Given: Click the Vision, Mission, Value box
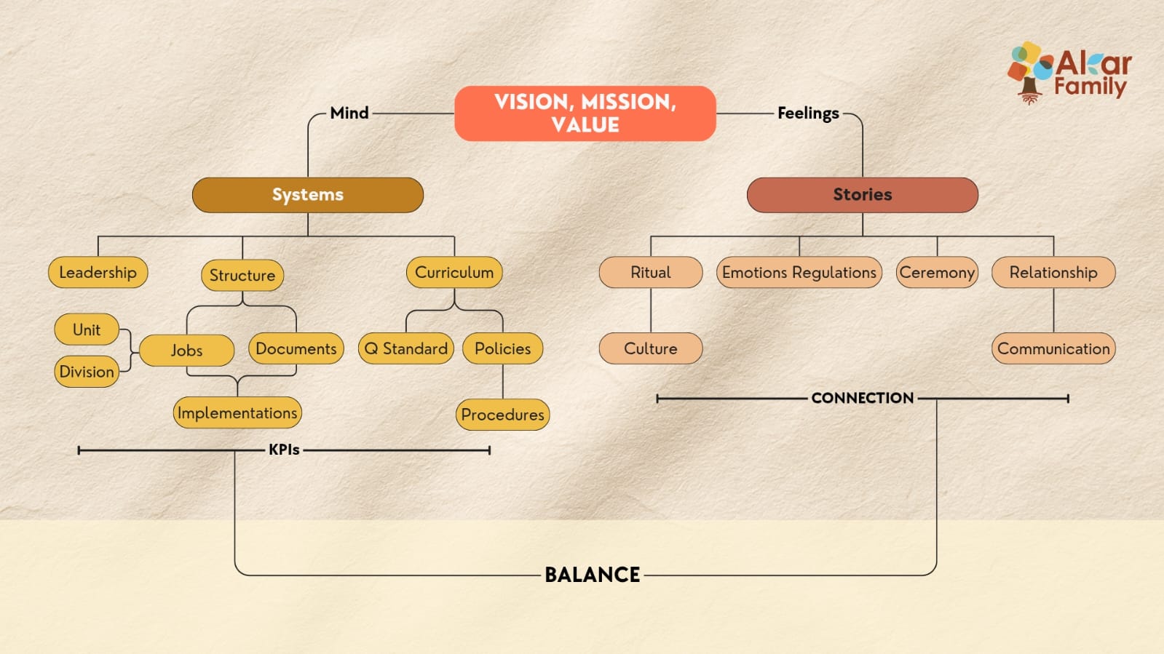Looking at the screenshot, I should [585, 113].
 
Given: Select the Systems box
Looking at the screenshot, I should [308, 195].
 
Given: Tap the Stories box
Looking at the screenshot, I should [862, 195].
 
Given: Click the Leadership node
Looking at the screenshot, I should [98, 272].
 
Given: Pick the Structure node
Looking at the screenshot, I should [242, 275].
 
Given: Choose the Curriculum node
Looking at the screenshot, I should [454, 272].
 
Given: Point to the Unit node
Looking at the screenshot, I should [87, 330].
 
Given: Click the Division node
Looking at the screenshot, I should [87, 372].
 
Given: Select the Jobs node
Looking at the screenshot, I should [186, 350].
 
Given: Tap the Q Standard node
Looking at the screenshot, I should [406, 348].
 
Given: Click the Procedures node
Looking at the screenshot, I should [502, 415].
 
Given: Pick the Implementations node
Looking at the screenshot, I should [237, 412].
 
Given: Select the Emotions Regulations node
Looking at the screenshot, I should [799, 272].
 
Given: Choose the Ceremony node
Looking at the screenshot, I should [937, 272].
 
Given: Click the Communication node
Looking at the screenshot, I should [1053, 348].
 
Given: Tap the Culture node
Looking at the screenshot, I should [651, 348].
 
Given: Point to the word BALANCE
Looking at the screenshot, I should [593, 575].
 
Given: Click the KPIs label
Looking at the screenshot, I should [284, 450].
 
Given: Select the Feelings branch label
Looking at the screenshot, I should [808, 113].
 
